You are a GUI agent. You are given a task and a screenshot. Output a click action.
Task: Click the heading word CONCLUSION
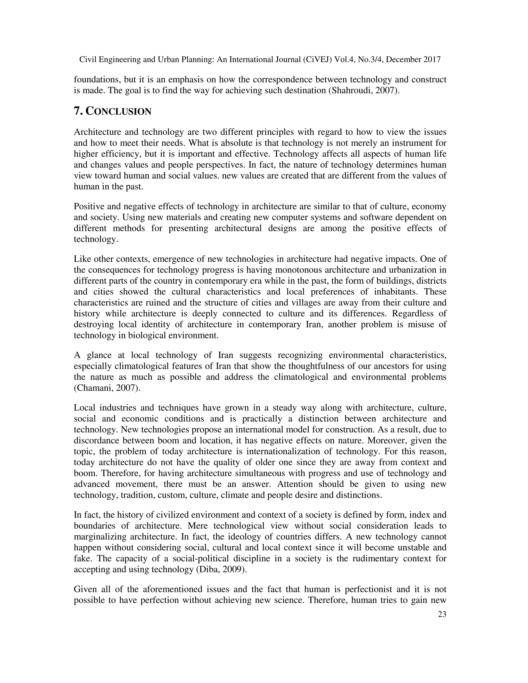click(119, 111)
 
